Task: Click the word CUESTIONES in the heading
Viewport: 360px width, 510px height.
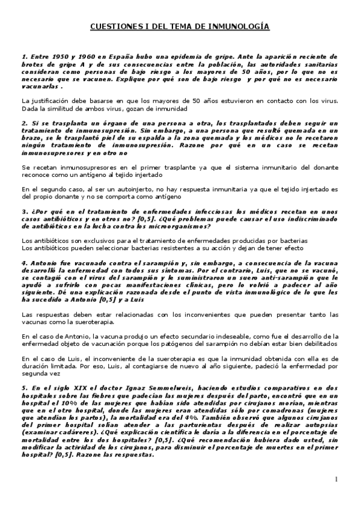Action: click(114, 27)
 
